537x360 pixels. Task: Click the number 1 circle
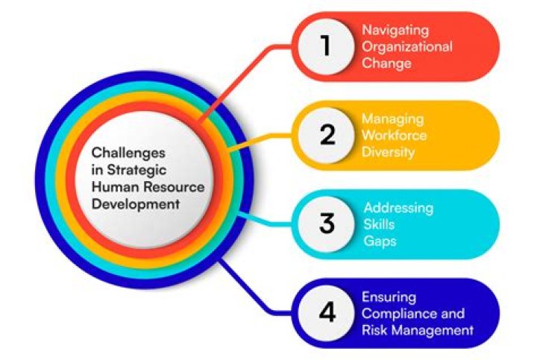(x=325, y=46)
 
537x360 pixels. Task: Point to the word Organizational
(x=407, y=47)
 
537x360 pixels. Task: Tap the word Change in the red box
(x=386, y=63)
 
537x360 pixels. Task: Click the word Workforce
(x=394, y=136)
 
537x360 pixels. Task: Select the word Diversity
(x=388, y=152)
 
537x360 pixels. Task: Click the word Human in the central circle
(x=113, y=186)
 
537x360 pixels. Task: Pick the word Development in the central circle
(x=130, y=203)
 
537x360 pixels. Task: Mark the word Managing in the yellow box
(x=392, y=119)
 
